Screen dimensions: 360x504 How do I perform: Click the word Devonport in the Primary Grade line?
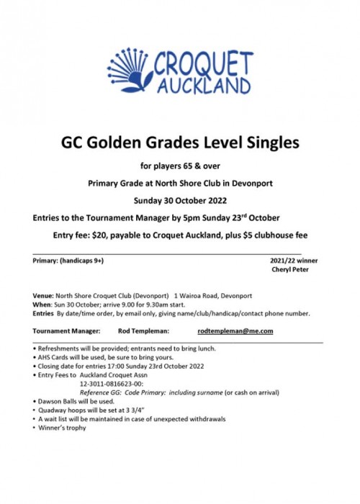[261, 184]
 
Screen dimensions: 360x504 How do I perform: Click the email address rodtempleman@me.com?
[235, 330]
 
